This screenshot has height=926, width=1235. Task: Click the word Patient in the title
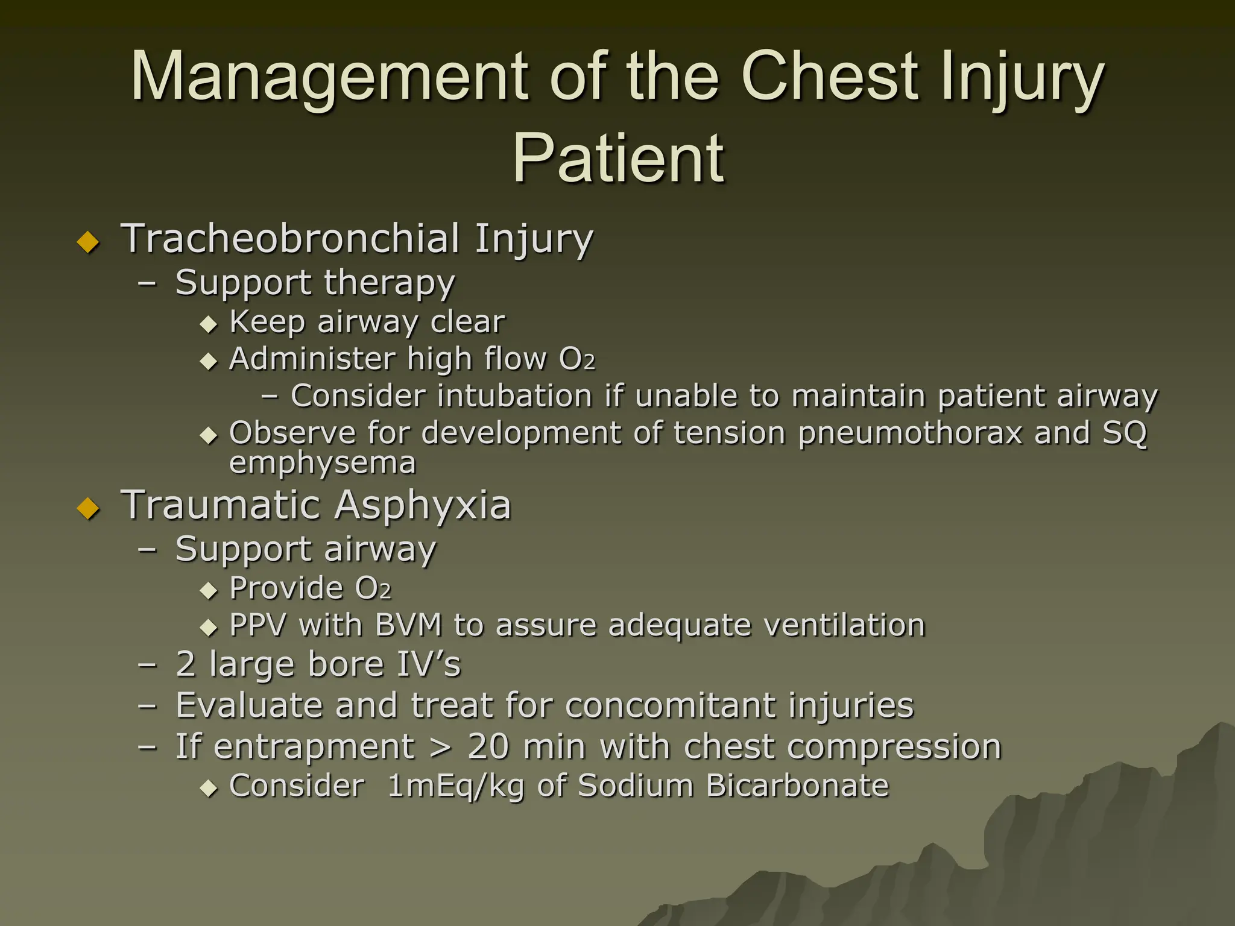[x=618, y=159]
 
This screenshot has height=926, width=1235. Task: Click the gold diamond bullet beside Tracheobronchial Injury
[x=89, y=242]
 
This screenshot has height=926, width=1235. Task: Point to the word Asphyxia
[x=422, y=506]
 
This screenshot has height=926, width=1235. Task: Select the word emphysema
[x=323, y=463]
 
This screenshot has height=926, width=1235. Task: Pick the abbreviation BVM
[x=408, y=625]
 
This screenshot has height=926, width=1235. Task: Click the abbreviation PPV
[x=257, y=625]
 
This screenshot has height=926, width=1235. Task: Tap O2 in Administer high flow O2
[x=576, y=359]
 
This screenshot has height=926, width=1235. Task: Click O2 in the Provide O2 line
[x=373, y=588]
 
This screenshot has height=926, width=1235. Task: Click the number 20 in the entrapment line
[x=489, y=747]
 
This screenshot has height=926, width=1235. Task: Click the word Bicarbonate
[x=797, y=786]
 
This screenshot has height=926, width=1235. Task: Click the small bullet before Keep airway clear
[x=209, y=325]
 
